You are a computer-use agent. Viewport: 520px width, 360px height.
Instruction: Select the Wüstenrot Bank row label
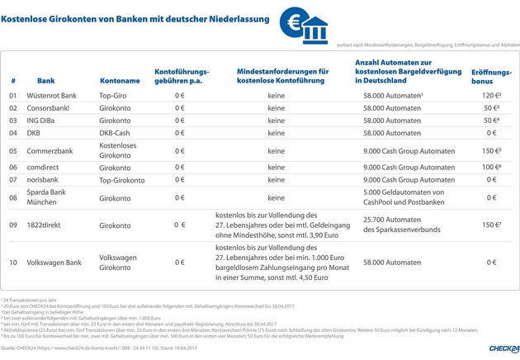coord(57,96)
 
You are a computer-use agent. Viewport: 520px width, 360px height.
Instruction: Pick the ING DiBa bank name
coord(51,121)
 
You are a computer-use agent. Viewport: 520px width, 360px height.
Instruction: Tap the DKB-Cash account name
coord(115,132)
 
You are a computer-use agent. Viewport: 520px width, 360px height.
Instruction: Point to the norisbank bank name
coord(53,179)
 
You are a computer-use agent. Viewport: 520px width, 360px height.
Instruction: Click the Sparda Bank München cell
coord(57,197)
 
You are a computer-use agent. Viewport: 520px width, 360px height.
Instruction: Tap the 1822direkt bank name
coord(52,225)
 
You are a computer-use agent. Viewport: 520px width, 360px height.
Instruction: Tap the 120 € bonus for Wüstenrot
coord(490,96)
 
